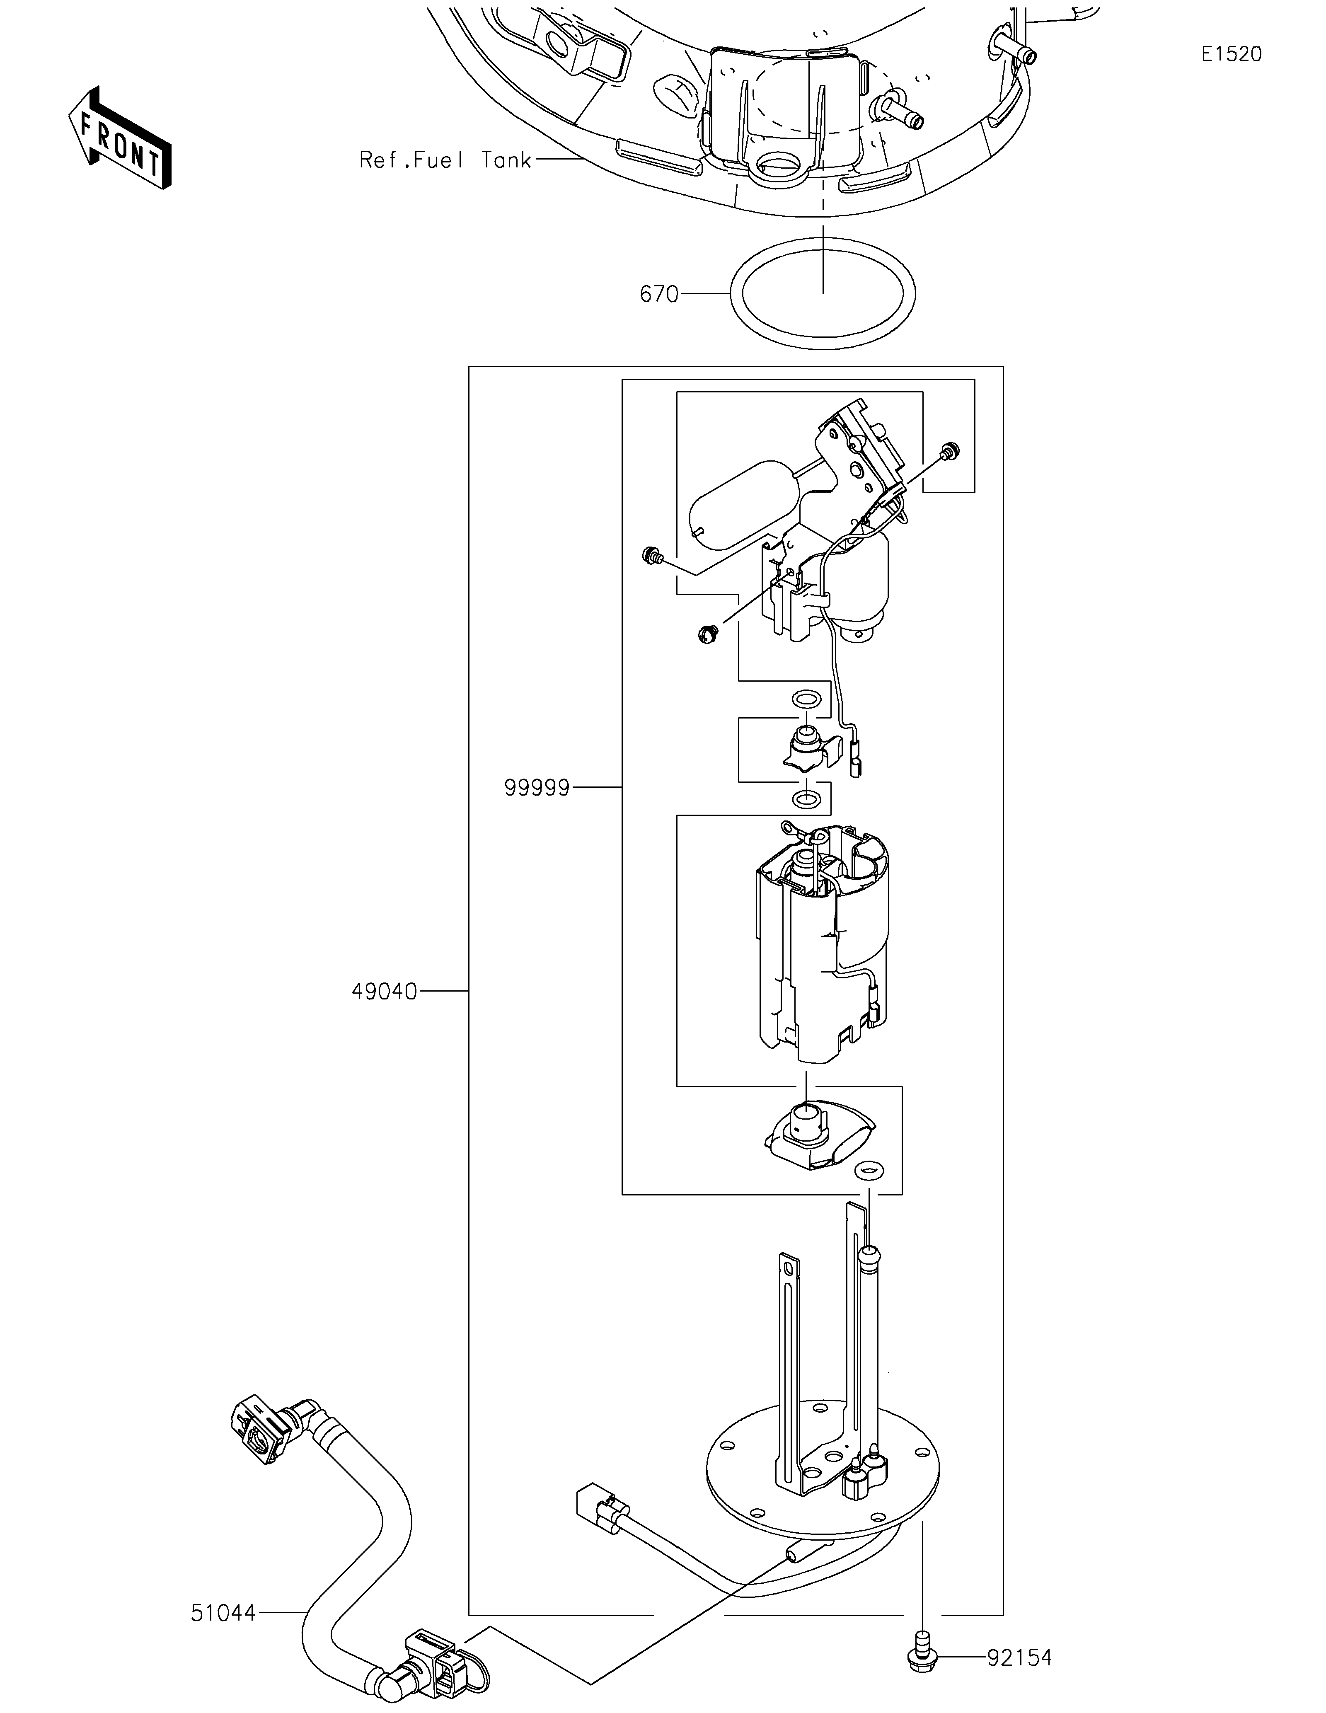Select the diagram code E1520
click(1232, 54)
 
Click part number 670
click(659, 294)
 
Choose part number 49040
click(384, 992)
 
